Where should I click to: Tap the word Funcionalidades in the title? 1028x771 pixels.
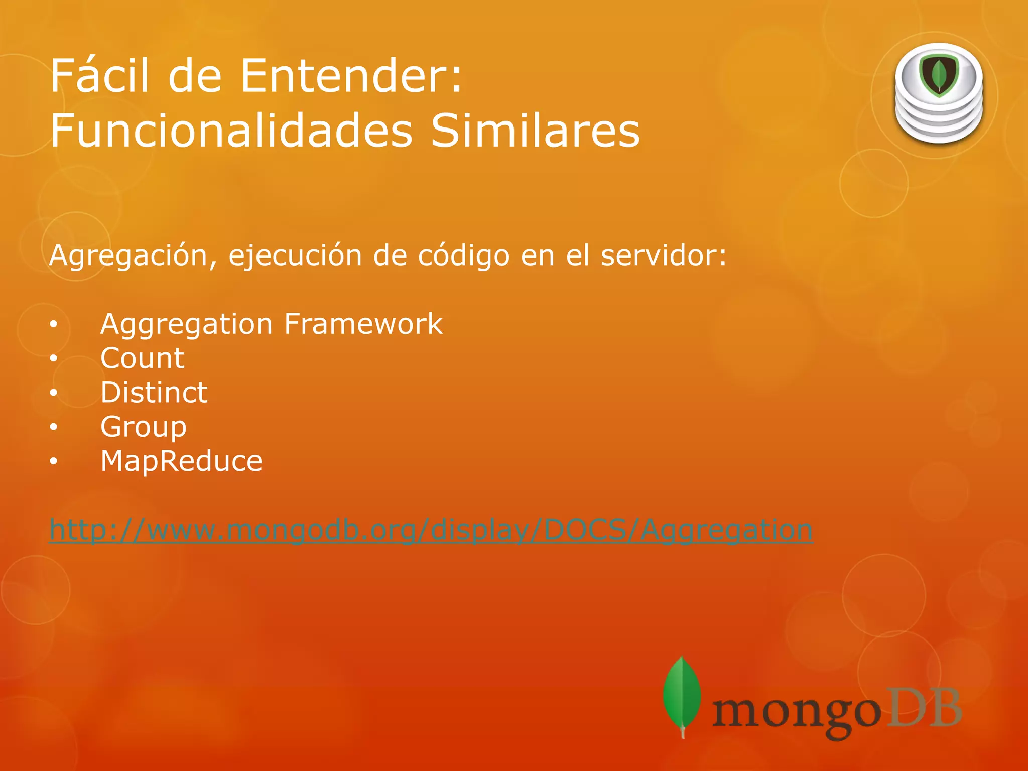pos(231,131)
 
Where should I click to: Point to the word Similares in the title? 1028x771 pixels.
pos(535,131)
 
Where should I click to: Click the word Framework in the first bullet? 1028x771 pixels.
pos(363,324)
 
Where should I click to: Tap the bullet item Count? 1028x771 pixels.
pos(143,358)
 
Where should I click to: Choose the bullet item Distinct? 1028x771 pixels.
pos(154,393)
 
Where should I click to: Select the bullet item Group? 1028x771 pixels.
pos(144,427)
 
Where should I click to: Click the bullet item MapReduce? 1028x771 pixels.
pos(181,461)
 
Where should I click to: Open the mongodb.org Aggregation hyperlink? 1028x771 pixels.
pos(431,530)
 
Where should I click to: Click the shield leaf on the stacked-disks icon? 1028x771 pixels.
pos(939,75)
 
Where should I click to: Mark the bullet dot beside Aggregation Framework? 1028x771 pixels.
pos(54,324)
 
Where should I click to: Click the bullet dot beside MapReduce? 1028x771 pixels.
pos(54,461)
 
